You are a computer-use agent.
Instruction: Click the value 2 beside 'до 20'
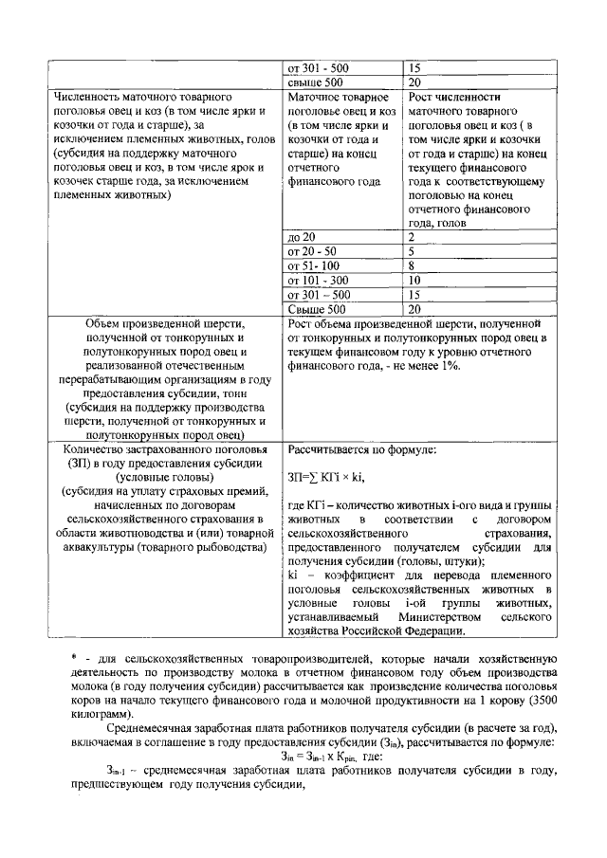point(412,236)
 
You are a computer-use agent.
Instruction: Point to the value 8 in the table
point(412,266)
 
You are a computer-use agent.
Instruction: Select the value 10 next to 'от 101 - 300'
point(414,281)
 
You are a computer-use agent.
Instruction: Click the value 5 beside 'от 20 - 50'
point(412,251)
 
